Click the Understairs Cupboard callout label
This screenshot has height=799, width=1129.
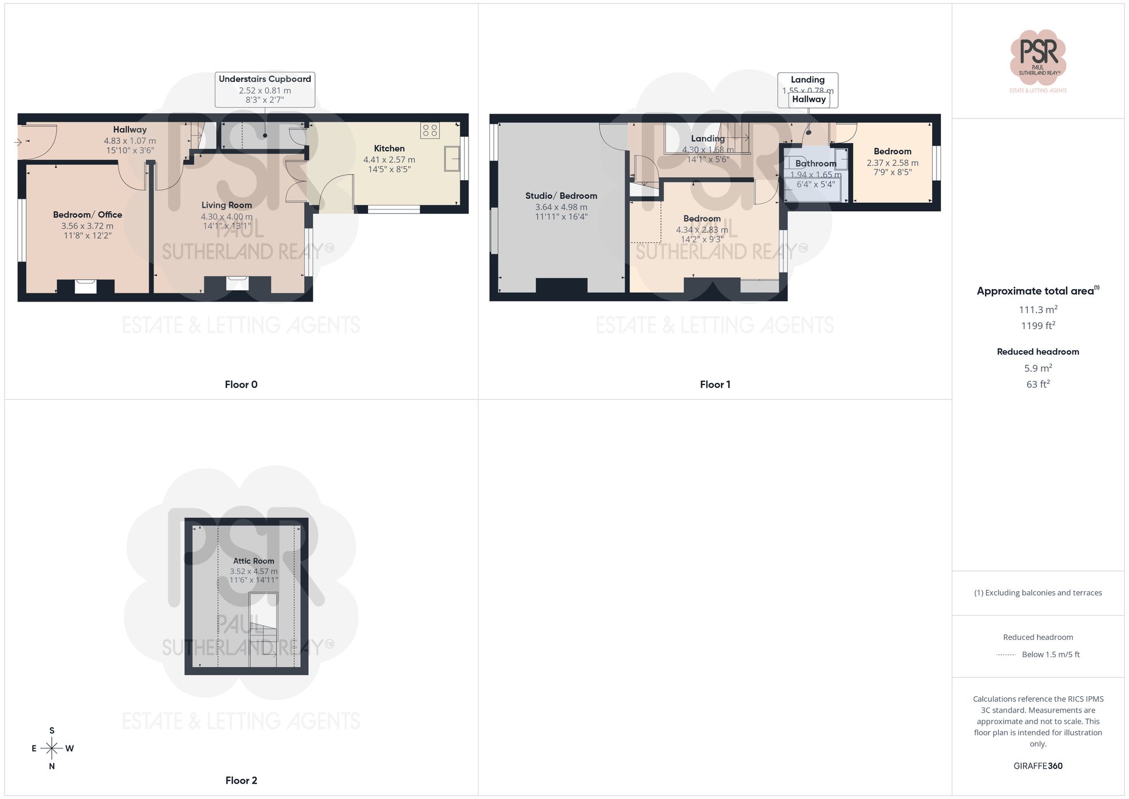265,79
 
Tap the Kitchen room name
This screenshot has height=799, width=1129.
389,149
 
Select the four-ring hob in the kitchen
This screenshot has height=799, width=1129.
430,130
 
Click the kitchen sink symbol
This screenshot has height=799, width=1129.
452,158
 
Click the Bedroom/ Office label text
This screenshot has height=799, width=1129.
87,215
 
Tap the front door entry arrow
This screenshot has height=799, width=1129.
18,142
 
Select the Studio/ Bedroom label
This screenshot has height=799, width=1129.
561,196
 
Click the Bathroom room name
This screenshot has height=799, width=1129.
816,163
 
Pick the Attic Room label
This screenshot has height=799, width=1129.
253,561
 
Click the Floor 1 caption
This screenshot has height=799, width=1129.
715,385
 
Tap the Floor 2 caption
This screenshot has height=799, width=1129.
241,780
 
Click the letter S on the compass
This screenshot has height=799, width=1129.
52,731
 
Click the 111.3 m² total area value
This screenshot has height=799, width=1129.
1038,309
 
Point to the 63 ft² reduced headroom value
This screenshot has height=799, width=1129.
1038,384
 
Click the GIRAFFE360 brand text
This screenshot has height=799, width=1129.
1038,766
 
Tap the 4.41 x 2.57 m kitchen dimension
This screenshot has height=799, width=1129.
389,160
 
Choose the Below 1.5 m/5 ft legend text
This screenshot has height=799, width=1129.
1051,654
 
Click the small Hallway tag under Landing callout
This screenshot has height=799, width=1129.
808,99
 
